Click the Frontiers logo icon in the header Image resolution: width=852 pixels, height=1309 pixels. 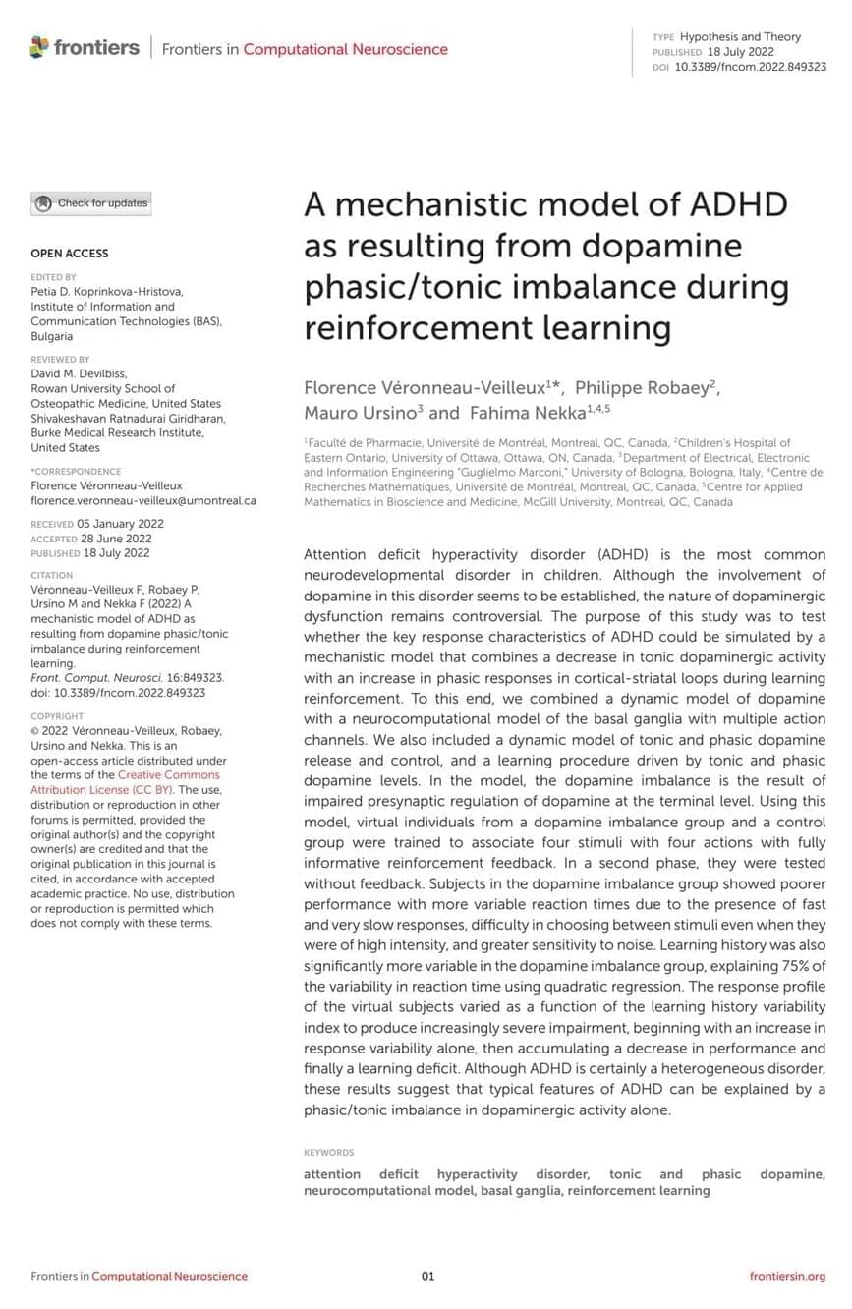(39, 47)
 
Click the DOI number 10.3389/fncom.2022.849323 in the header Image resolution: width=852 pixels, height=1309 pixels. (750, 67)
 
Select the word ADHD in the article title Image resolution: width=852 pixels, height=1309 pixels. (740, 204)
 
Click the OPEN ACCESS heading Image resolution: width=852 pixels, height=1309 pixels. (70, 254)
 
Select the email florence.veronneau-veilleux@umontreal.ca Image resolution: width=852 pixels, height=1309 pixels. (143, 500)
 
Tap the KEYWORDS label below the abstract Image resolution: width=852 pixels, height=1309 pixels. (328, 1152)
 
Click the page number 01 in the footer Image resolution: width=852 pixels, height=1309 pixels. (427, 1276)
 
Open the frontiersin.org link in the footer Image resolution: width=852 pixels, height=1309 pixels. (787, 1276)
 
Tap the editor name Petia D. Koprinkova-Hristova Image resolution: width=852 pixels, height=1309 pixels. (106, 292)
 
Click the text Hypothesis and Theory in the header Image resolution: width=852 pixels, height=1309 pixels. (740, 37)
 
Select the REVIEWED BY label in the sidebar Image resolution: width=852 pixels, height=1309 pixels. (60, 360)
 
